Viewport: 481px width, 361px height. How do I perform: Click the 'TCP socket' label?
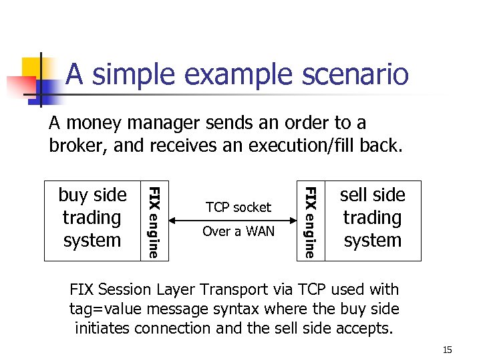point(238,207)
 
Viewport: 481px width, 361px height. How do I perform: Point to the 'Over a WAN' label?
point(238,231)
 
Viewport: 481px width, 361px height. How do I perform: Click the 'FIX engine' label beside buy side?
point(154,221)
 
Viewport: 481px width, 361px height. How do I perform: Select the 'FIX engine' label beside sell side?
point(310,221)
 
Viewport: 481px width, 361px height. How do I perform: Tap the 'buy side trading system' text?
point(92,218)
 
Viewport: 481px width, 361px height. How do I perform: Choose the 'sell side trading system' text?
point(372,218)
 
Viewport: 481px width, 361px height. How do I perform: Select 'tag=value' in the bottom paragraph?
point(103,309)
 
